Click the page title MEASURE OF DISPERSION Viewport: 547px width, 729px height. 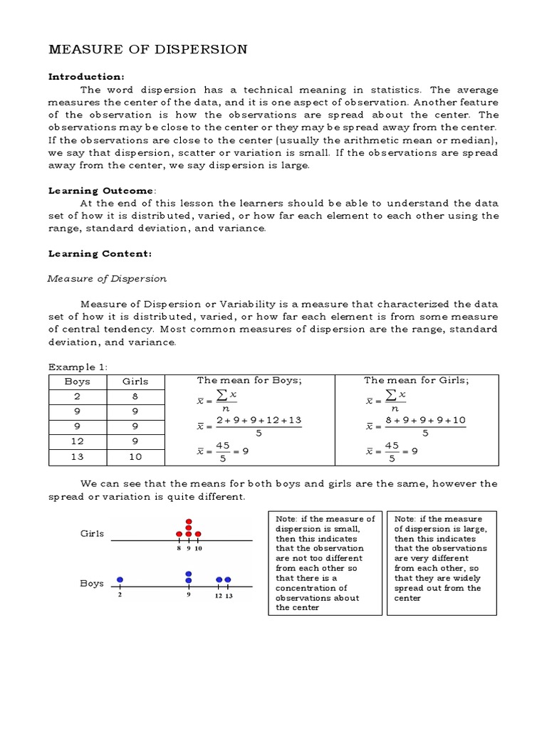[x=147, y=49]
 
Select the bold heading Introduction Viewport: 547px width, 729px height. [x=86, y=76]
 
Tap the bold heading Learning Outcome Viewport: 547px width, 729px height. [x=100, y=191]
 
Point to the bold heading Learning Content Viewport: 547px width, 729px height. [x=100, y=253]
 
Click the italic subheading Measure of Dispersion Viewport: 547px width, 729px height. [x=107, y=278]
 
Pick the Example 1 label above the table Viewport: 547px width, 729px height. [x=76, y=367]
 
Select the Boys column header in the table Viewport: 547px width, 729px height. [x=77, y=381]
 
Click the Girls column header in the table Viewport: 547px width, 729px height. [x=135, y=381]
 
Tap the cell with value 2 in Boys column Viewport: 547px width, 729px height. [x=77, y=397]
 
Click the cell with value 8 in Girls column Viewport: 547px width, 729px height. [x=135, y=397]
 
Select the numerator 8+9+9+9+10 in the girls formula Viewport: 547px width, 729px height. [x=425, y=420]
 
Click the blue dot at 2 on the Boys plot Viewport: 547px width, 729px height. [x=120, y=579]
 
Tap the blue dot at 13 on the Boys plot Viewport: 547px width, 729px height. [x=228, y=579]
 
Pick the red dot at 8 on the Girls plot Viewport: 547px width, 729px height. [x=179, y=534]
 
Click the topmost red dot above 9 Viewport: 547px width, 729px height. [x=189, y=521]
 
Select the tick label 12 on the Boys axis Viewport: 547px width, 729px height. [x=219, y=596]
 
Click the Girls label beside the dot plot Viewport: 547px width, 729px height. [x=93, y=533]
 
